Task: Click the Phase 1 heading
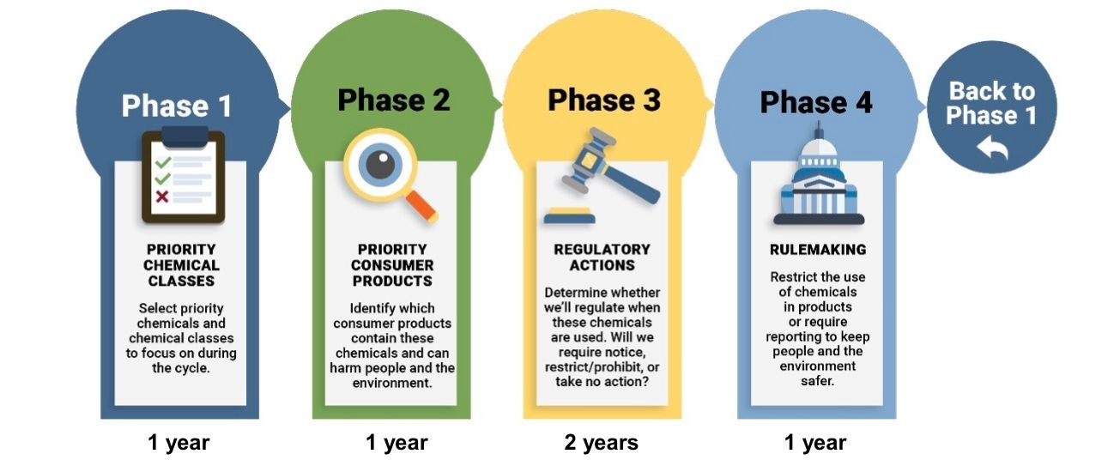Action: [177, 106]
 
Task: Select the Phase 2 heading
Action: [393, 100]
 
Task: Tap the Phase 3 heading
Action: [604, 100]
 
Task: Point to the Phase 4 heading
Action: [816, 102]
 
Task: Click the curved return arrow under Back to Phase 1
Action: [992, 147]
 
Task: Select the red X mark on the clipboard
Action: [161, 197]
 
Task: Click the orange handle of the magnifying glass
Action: [421, 206]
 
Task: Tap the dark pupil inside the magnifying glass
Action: [380, 165]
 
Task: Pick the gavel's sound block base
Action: [570, 215]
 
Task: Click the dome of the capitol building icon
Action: [819, 149]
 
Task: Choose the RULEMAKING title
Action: [818, 250]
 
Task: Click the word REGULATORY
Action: [602, 250]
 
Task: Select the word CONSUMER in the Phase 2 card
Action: [392, 265]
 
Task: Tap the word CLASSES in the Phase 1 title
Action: [181, 281]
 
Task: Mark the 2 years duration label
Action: [601, 443]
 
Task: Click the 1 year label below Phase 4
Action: [815, 443]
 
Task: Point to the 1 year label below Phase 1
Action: [179, 443]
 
